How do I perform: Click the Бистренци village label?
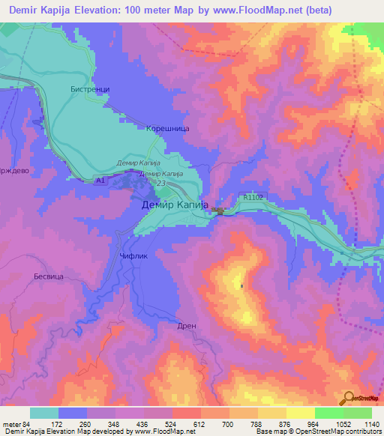[x=89, y=89]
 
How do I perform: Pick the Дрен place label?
[x=187, y=326]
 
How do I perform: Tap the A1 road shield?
[x=100, y=181]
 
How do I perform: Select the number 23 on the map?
[x=160, y=181]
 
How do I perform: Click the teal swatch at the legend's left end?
[x=44, y=413]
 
